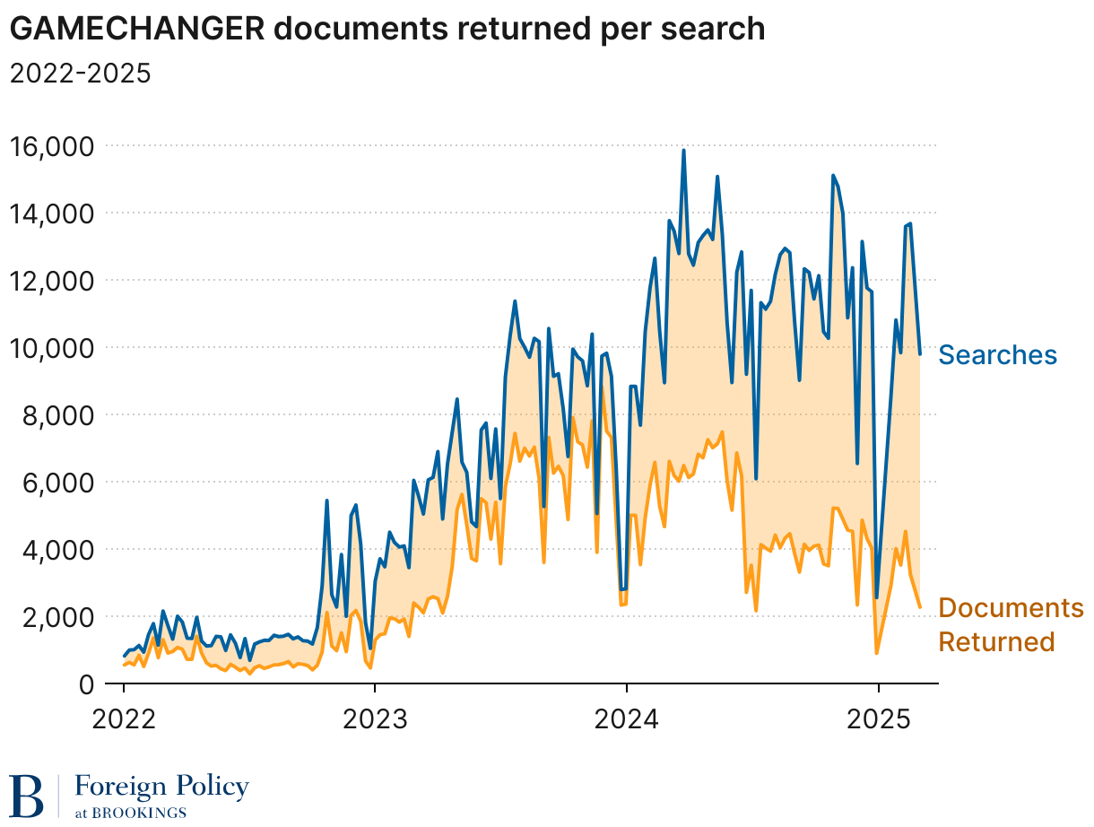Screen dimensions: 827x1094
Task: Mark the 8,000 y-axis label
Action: pyautogui.click(x=63, y=414)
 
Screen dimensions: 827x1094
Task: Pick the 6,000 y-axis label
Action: pyautogui.click(x=63, y=482)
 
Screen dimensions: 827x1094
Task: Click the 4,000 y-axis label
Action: pyautogui.click(x=63, y=549)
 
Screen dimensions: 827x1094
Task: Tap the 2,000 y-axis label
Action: pyautogui.click(x=63, y=616)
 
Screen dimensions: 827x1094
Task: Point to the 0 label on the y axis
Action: pyautogui.click(x=87, y=683)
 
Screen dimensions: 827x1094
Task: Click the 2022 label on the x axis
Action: pyautogui.click(x=124, y=719)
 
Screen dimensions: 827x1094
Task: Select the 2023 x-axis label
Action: pyautogui.click(x=375, y=719)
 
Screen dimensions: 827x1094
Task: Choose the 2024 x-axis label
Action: pyautogui.click(x=627, y=719)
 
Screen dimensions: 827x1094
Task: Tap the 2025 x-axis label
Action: pyautogui.click(x=879, y=719)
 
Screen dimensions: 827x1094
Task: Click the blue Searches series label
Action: pyautogui.click(x=997, y=355)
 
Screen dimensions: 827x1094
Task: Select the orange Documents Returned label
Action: pyautogui.click(x=1011, y=625)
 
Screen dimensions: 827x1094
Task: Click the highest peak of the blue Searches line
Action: pyautogui.click(x=683, y=151)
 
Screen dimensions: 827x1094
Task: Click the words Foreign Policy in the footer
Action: pyautogui.click(x=161, y=788)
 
